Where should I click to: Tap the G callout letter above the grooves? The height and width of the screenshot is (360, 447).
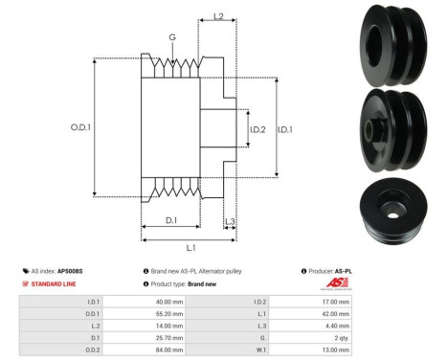tap(172, 37)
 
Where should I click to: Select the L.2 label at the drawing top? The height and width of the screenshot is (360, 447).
tap(218, 17)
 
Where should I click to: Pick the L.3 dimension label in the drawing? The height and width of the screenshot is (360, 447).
tap(230, 222)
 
